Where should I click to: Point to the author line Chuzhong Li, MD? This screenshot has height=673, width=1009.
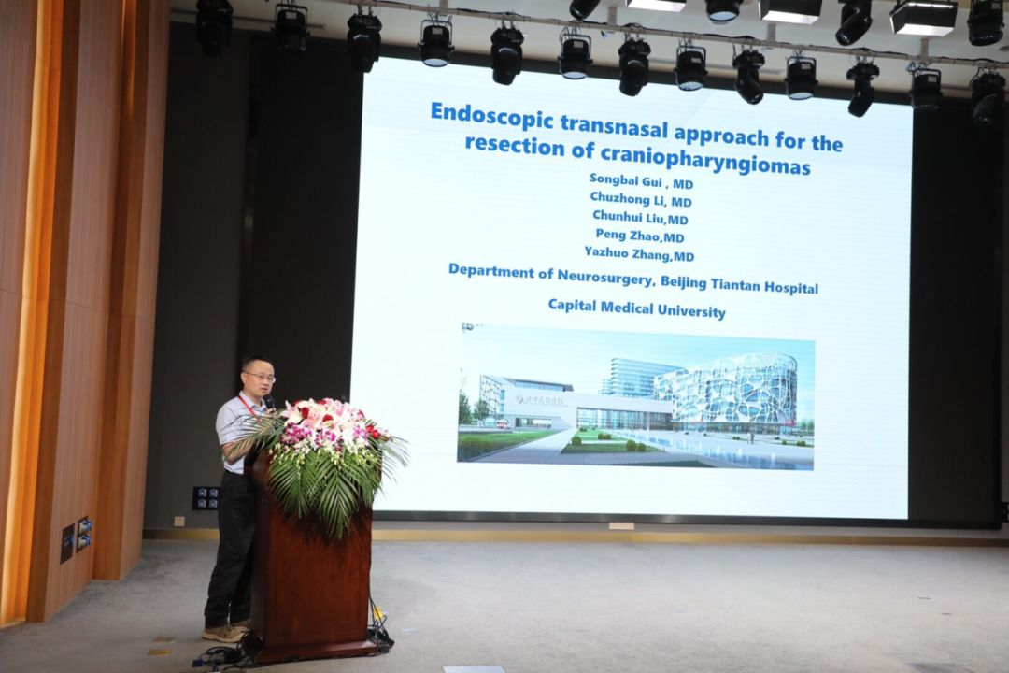[641, 199]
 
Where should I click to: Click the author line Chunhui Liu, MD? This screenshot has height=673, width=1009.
[640, 217]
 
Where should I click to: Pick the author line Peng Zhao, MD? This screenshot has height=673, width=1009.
[640, 235]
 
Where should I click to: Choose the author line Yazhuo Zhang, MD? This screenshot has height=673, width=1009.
[639, 253]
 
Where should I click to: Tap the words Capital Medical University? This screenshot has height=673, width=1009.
[636, 308]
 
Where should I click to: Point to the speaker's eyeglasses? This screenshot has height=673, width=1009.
[260, 377]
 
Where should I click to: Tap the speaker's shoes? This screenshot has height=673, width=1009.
[226, 632]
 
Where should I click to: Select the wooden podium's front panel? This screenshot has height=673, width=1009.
[309, 580]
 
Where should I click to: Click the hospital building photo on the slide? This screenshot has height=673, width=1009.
[636, 396]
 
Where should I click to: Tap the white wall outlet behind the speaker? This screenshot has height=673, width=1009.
[179, 521]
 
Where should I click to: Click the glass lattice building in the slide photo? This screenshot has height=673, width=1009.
[733, 393]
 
